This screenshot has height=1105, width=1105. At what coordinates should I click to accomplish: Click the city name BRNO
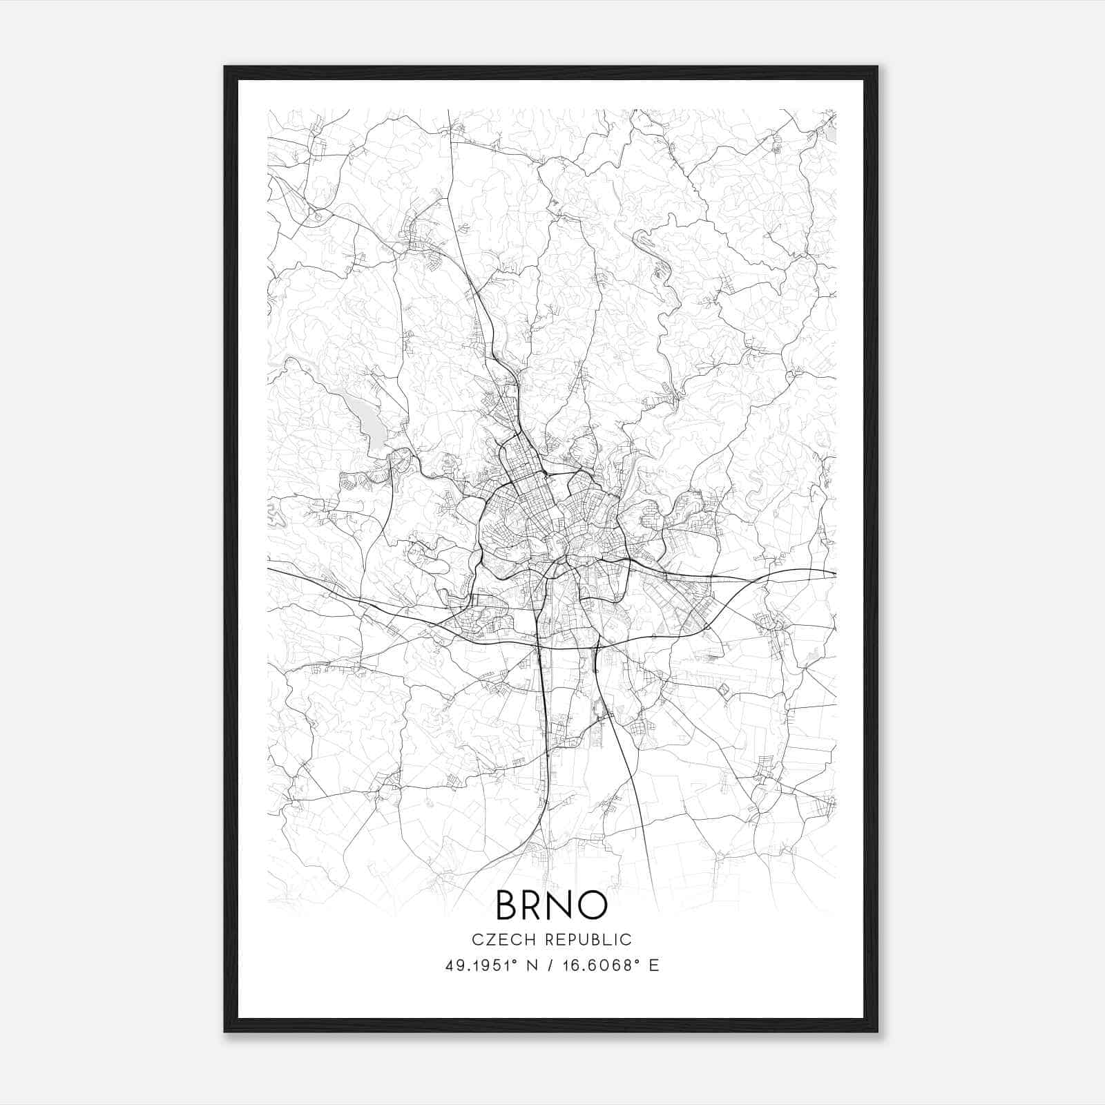point(551,905)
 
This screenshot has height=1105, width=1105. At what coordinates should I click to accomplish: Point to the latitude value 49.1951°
point(479,965)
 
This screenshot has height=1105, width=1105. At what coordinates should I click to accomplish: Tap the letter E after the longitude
point(653,965)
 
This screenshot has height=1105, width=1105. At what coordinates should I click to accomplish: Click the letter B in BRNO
point(508,905)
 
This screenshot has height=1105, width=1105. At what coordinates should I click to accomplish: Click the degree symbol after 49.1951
point(514,961)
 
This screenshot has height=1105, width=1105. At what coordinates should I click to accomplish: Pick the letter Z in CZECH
point(487,940)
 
